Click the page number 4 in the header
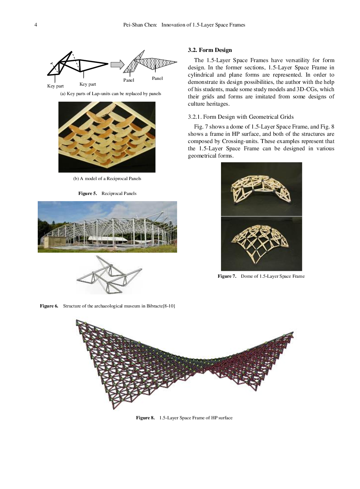(36, 25)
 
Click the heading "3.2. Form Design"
(210, 50)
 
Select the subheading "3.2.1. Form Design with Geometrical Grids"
(241, 117)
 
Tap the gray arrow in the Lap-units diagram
(117, 65)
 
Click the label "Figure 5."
(87, 193)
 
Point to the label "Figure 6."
(49, 306)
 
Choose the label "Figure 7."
(227, 276)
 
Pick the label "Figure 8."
(145, 418)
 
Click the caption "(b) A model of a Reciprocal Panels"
(107, 179)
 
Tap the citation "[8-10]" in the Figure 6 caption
(169, 306)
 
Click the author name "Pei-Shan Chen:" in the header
(140, 25)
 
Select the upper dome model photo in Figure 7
(261, 189)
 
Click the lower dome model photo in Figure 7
(261, 244)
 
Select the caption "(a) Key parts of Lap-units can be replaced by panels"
(111, 94)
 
